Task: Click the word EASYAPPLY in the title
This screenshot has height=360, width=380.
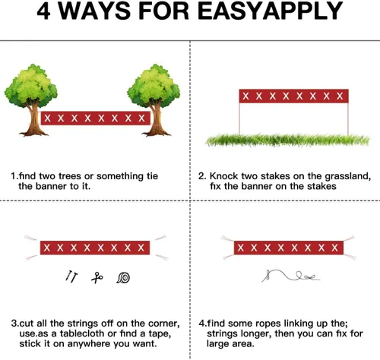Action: (271, 11)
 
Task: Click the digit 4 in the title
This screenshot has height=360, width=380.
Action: (44, 11)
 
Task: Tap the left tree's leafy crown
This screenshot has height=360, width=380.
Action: (31, 85)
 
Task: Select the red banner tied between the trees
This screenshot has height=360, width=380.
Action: (96, 118)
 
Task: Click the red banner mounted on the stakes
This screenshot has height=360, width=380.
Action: (294, 96)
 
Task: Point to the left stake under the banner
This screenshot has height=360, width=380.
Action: (239, 118)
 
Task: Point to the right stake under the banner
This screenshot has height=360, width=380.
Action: (348, 118)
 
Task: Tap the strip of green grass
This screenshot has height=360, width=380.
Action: (287, 140)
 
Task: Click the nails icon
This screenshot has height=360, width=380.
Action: (71, 276)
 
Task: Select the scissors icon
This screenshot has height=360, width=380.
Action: (97, 278)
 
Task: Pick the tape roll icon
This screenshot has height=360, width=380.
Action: (123, 278)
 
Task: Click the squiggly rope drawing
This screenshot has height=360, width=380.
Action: (290, 276)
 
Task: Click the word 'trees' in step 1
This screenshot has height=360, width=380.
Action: (70, 176)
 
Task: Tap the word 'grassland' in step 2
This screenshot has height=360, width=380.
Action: (348, 176)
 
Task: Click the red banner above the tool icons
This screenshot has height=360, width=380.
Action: (95, 248)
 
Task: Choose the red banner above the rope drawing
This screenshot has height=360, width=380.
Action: (289, 248)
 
